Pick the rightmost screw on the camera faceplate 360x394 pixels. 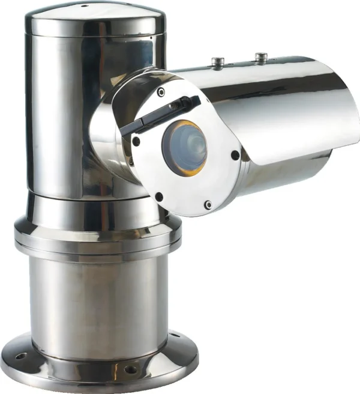235,156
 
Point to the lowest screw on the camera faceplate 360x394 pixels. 208,205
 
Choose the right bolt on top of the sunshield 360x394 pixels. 260,56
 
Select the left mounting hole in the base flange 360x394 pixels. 22,356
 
